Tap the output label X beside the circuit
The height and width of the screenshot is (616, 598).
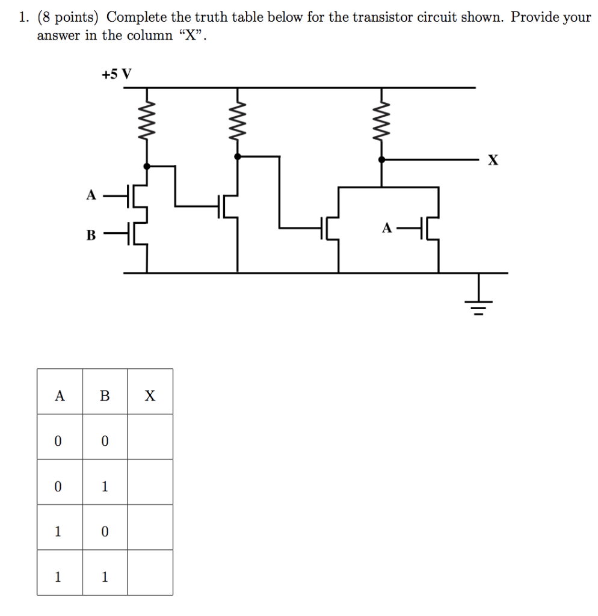pyautogui.click(x=493, y=160)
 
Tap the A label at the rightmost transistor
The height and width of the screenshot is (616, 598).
pyautogui.click(x=387, y=228)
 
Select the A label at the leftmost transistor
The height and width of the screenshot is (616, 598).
pyautogui.click(x=91, y=195)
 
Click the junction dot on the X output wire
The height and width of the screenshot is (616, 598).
pyautogui.click(x=381, y=160)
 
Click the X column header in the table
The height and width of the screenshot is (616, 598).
pyautogui.click(x=150, y=396)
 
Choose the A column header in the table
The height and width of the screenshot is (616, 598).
pyautogui.click(x=59, y=396)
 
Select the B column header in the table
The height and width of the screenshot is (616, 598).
pyautogui.click(x=105, y=396)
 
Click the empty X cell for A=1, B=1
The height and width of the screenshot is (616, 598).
pyautogui.click(x=150, y=577)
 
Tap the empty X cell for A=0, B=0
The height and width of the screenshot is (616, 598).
pyautogui.click(x=150, y=441)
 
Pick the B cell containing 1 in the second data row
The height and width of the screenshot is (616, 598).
pyautogui.click(x=105, y=486)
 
